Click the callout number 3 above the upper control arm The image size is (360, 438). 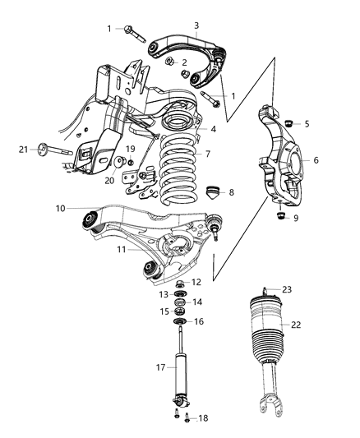click(x=196, y=25)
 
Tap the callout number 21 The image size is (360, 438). click(x=24, y=150)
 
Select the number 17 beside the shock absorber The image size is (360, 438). click(x=160, y=367)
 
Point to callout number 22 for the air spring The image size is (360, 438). click(x=296, y=325)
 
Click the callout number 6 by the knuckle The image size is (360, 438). click(x=316, y=160)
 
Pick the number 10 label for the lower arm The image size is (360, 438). click(x=60, y=209)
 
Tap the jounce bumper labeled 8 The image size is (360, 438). click(x=213, y=192)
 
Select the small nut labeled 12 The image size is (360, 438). click(x=179, y=284)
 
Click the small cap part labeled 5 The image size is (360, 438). click(x=288, y=123)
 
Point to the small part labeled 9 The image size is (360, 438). click(x=280, y=215)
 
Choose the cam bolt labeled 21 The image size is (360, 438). click(x=55, y=150)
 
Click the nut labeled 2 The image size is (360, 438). click(x=169, y=61)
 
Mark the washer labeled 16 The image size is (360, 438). click(x=179, y=322)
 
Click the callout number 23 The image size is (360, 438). click(x=287, y=289)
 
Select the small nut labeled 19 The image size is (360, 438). click(x=130, y=162)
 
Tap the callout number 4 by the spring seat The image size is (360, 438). click(x=213, y=129)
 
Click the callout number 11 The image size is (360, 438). click(x=122, y=249)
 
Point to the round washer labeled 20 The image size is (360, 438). click(x=119, y=162)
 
